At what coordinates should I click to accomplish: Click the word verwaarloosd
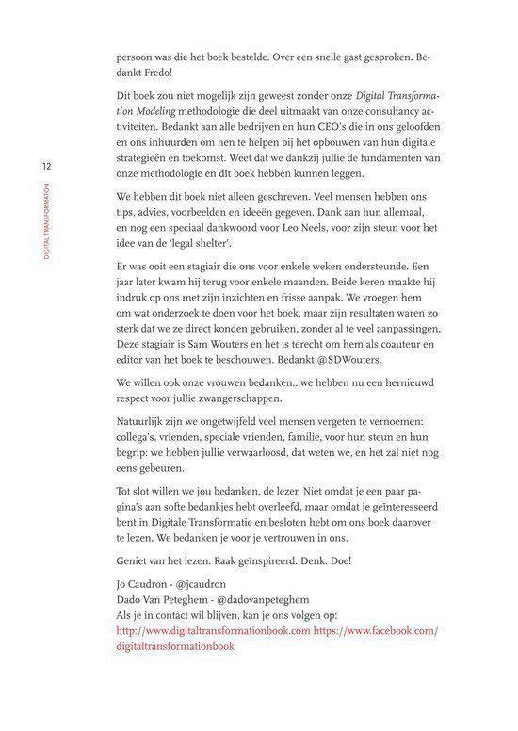pyautogui.click(x=247, y=470)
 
